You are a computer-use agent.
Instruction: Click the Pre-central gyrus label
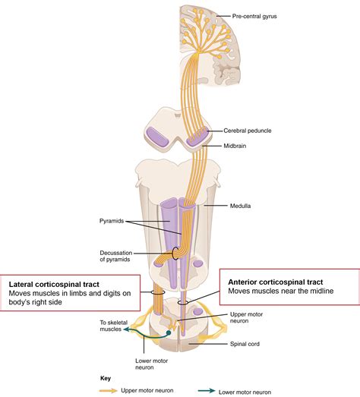pos(254,17)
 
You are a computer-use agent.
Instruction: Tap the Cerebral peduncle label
pos(248,131)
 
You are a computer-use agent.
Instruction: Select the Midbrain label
pos(235,146)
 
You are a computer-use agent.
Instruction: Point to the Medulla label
pos(240,206)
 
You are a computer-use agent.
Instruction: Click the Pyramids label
pos(112,221)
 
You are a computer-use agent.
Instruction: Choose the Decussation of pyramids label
pos(115,256)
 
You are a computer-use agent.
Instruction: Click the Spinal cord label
pos(245,344)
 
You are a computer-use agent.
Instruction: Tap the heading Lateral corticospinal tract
pos(54,285)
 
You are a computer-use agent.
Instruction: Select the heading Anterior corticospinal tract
pos(276,282)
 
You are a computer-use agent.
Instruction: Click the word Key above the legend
pos(106,378)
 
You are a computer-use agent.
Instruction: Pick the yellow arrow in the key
pos(109,391)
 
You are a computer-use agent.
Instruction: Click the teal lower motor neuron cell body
pos(169,332)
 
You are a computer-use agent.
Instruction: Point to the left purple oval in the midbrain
pos(157,137)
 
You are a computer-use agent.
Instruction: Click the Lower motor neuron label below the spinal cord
pos(151,364)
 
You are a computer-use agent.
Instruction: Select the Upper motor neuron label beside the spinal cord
pos(246,317)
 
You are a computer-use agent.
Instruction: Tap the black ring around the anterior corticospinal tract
pos(183,303)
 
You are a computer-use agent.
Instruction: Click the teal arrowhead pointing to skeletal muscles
pos(126,329)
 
